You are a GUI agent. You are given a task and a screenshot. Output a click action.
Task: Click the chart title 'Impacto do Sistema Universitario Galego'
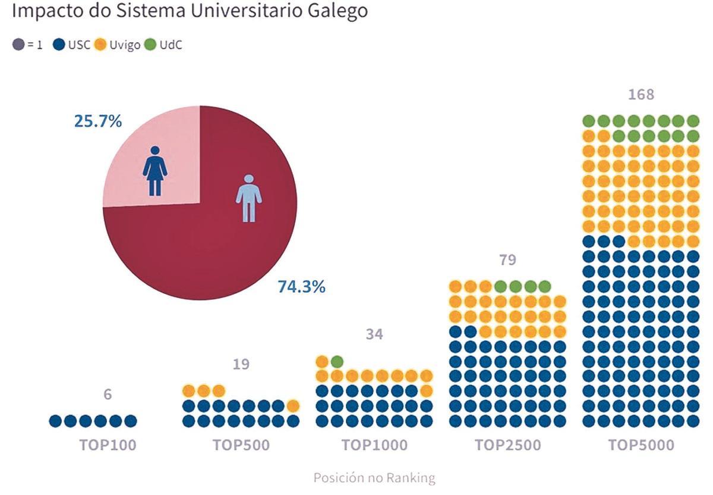(190, 11)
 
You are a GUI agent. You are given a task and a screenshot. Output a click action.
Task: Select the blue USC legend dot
(58, 45)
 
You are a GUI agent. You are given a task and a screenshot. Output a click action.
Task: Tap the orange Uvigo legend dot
(100, 45)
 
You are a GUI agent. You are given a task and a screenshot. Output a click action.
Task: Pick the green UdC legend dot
(149, 45)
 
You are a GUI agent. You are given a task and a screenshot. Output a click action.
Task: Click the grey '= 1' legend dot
(19, 45)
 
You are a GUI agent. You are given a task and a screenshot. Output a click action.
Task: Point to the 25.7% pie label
(98, 121)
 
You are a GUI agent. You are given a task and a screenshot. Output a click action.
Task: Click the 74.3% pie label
(301, 287)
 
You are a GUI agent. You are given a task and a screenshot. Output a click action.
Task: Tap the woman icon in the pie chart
(155, 171)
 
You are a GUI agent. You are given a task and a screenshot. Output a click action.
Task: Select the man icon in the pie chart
(248, 198)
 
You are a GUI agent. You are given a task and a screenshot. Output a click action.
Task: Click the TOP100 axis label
(108, 445)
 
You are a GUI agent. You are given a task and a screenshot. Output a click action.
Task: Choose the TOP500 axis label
(241, 445)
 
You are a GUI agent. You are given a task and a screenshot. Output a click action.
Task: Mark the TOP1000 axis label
(374, 445)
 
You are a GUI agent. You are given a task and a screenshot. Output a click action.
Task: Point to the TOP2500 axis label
(507, 445)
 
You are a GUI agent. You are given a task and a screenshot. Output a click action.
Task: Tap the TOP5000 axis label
(641, 445)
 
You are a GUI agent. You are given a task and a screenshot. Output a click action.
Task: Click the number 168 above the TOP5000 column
(641, 95)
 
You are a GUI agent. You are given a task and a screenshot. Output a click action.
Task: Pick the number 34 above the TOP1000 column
(374, 334)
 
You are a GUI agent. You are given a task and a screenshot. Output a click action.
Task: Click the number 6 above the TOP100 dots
(108, 394)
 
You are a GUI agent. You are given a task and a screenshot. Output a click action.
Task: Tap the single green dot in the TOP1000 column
(337, 361)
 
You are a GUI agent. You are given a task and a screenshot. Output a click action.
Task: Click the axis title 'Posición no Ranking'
(374, 478)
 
